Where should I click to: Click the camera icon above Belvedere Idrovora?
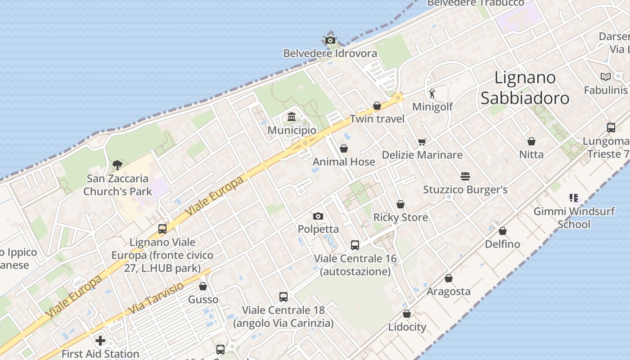click(330, 40)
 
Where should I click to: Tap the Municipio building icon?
click(292, 117)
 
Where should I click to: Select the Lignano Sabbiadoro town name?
click(525, 88)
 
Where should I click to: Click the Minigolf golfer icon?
click(432, 94)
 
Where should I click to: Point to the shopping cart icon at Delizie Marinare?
click(422, 142)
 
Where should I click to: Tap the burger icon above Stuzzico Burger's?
click(465, 176)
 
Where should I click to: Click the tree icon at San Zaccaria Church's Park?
click(117, 165)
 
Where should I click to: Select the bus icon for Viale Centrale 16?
click(355, 245)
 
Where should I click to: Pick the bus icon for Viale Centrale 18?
click(283, 297)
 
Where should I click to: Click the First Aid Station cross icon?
click(100, 340)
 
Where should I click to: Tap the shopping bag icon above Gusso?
click(203, 286)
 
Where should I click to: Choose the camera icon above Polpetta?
click(318, 216)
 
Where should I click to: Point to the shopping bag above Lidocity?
click(407, 314)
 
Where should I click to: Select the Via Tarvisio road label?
click(156, 299)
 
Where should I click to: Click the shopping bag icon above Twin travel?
click(377, 106)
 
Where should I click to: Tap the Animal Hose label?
click(344, 162)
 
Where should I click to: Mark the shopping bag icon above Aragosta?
click(449, 278)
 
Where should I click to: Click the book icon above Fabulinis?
click(605, 77)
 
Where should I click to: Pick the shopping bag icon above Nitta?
click(531, 141)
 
